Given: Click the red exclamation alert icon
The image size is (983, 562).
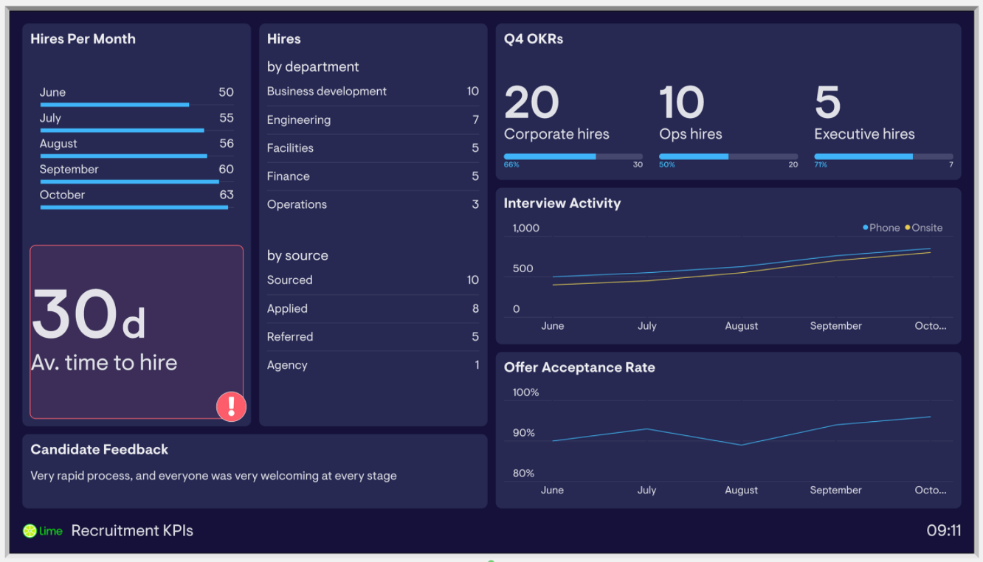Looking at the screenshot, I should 231,406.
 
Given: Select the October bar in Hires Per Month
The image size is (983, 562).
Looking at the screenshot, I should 134,207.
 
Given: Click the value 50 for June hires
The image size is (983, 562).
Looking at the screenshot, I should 226,92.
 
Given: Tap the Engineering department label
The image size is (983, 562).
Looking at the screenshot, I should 298,119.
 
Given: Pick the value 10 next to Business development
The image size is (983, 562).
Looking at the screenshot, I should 472,91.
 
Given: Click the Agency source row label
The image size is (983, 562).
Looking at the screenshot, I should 287,365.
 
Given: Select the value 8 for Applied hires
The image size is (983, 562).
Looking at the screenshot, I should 475,308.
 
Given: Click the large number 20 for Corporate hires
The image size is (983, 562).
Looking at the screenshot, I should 531,103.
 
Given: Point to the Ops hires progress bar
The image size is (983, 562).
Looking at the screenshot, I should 728,156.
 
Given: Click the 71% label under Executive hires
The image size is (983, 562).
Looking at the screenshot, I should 820,164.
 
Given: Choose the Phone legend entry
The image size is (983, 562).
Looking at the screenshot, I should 881,228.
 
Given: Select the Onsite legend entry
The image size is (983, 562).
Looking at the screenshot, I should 924,228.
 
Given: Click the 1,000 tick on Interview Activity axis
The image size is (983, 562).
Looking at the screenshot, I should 526,228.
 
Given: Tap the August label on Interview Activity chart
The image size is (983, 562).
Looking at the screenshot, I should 741,326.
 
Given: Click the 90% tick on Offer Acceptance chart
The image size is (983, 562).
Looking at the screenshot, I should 523,433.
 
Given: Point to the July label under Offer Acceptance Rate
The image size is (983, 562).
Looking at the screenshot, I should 646,490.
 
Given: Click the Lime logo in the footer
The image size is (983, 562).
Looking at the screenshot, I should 43,531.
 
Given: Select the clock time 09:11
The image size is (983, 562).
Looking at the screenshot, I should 943,531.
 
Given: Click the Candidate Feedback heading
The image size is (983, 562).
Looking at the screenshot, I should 100,449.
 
